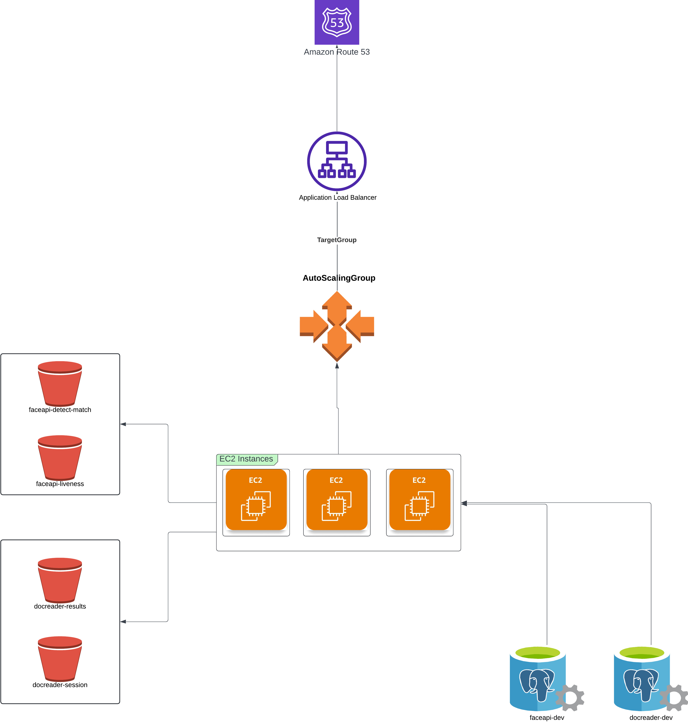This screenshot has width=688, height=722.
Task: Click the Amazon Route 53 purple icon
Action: tap(337, 22)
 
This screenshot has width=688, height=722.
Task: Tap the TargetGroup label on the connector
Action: tap(337, 240)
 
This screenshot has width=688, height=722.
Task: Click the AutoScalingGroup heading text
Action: tap(339, 278)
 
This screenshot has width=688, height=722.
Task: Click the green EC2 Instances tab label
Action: tap(247, 459)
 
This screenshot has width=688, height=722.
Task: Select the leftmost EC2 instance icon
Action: tap(256, 499)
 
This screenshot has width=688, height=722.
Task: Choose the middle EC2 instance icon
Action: tap(337, 499)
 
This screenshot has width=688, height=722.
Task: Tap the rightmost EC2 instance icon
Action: tap(419, 499)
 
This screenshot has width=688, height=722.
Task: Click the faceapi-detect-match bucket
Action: tap(60, 384)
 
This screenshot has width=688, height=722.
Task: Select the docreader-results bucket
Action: tap(60, 580)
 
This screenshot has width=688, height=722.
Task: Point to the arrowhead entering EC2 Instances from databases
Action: tap(464, 504)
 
